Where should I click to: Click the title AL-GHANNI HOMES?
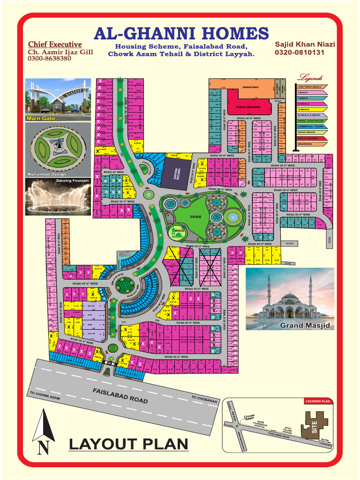181,34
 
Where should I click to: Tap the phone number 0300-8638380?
49,59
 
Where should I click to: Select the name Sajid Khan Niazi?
305,44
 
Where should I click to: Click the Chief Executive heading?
55,45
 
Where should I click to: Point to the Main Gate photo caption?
41,119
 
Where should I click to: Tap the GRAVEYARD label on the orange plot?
251,87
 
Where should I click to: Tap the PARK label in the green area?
195,217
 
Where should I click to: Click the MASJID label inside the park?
180,231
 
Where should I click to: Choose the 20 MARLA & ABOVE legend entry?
309,115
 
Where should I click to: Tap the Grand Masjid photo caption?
305,325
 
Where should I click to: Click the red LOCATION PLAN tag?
318,401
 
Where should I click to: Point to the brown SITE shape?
314,425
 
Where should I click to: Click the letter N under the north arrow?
43,449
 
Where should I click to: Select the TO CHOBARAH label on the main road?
204,399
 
